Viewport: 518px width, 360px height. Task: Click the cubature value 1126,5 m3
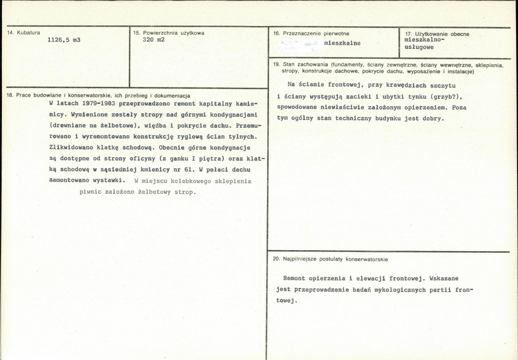[64, 40]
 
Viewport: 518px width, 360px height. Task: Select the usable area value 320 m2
[153, 39]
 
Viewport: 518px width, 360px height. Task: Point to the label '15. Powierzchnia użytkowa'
[168, 33]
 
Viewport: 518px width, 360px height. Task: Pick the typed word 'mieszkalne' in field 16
[342, 43]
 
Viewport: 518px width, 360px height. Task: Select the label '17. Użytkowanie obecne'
[437, 34]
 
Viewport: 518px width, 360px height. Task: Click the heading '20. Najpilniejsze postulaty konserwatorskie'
[331, 259]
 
